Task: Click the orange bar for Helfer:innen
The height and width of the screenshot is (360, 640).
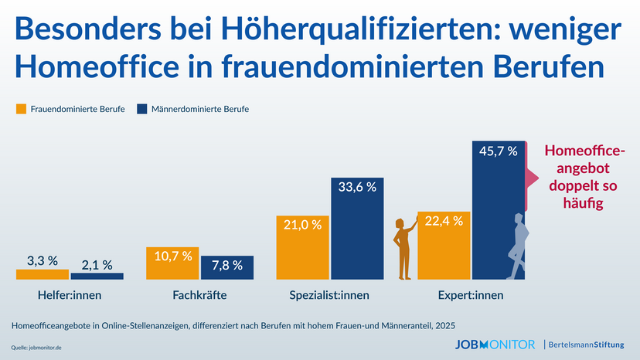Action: pyautogui.click(x=42, y=273)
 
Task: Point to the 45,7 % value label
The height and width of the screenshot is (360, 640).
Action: pyautogui.click(x=499, y=152)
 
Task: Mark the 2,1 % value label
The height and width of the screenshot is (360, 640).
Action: pyautogui.click(x=97, y=263)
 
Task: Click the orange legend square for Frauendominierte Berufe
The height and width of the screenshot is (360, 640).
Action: pyautogui.click(x=21, y=109)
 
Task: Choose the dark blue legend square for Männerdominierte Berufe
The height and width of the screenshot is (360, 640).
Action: pyautogui.click(x=141, y=109)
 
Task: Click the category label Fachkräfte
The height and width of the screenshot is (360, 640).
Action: pyautogui.click(x=199, y=295)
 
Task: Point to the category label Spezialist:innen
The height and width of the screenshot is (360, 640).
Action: pyautogui.click(x=329, y=295)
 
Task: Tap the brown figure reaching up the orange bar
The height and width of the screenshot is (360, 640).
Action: pyautogui.click(x=403, y=247)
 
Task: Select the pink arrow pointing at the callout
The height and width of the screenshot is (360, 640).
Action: pyautogui.click(x=533, y=178)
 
